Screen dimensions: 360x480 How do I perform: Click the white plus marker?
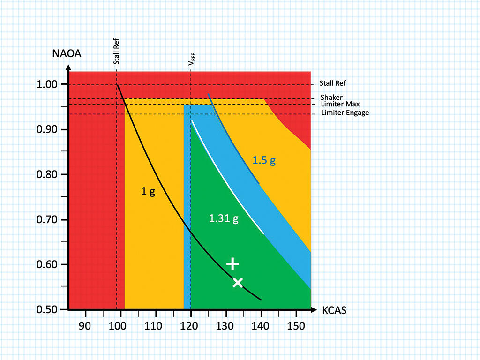coord(233,263)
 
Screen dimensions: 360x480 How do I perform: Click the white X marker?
coord(238,282)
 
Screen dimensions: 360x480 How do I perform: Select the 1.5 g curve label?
coord(264,160)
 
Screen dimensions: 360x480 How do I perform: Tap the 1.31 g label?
coord(224,218)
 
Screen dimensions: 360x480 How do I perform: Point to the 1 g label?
coord(148,191)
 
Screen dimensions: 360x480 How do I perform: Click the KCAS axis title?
coord(334,310)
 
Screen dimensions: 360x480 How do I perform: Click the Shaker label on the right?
coord(331,97)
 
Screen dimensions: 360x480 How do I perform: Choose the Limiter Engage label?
coord(345,112)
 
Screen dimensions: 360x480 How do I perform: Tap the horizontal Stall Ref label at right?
coord(333,84)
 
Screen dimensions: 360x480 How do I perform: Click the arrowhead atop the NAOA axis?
coord(69,67)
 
